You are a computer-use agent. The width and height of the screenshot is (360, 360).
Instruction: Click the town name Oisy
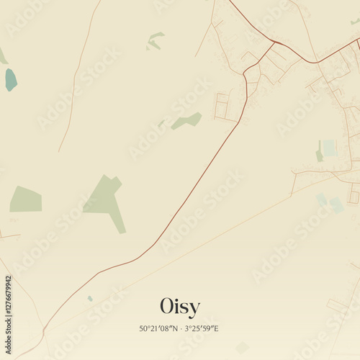tap(180, 306)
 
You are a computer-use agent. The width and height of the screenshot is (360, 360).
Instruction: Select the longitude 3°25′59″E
tap(202, 329)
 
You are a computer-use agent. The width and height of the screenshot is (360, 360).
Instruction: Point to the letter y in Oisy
tap(194, 308)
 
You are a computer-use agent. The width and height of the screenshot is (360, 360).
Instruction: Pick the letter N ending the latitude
tap(176, 329)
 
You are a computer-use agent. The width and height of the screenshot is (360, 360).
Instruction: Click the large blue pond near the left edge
tap(11, 79)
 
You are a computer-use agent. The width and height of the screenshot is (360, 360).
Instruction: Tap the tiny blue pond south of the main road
tap(90, 298)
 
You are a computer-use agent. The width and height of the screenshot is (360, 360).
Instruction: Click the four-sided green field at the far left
tap(26, 199)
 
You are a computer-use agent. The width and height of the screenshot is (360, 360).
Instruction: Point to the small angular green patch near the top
tap(154, 41)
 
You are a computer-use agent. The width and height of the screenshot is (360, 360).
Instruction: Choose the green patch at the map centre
tap(186, 121)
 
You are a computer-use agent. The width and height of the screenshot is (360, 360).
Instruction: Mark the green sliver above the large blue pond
tap(3, 56)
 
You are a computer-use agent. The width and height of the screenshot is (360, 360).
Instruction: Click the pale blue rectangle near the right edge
tap(330, 148)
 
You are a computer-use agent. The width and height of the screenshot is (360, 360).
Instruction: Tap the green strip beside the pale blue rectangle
tap(319, 153)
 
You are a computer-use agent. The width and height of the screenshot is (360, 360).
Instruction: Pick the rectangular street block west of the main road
tap(225, 107)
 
